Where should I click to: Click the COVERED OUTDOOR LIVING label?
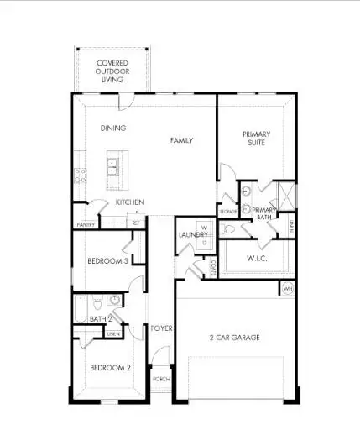113,71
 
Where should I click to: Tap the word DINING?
113,129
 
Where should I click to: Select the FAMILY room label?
181,140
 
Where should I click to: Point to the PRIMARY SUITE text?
256,139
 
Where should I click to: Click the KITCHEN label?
130,202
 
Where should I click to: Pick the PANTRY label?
85,225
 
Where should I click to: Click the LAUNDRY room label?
192,234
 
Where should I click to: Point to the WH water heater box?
288,289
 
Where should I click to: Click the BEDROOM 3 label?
107,261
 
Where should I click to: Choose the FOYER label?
161,328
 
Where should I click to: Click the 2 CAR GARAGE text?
234,338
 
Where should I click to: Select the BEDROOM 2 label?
111,368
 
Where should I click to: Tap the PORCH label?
161,379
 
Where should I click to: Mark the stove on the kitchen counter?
80,176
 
